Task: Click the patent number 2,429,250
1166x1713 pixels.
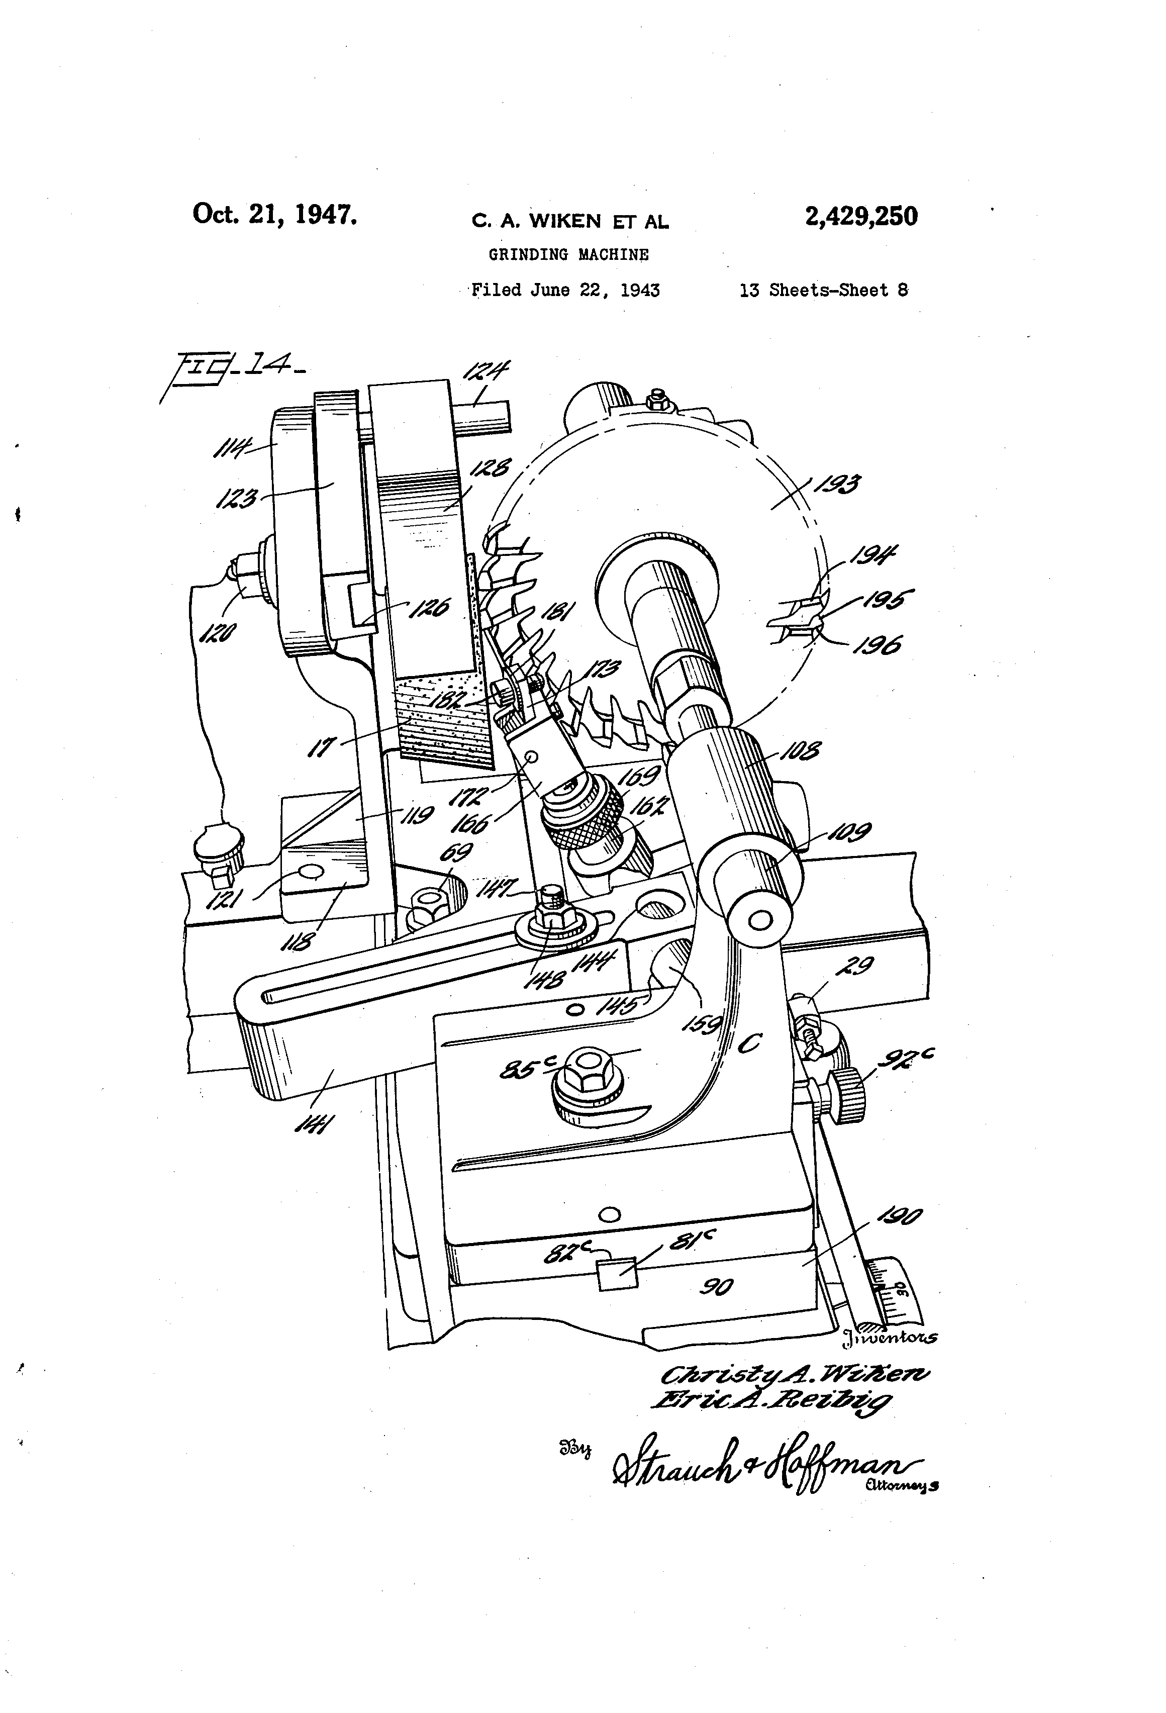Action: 861,217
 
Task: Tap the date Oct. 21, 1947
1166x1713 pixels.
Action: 275,215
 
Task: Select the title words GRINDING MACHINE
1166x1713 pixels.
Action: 568,255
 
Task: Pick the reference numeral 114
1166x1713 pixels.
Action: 232,447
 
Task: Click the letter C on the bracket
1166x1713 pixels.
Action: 750,1043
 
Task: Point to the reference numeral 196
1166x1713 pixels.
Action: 877,646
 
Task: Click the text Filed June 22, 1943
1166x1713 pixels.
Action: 565,291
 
